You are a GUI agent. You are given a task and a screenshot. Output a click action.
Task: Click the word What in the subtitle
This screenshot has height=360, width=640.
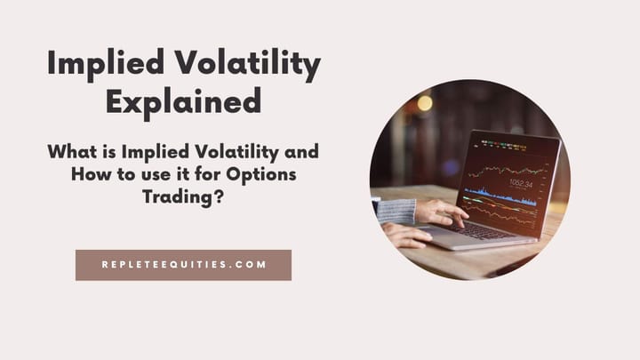coord(72,152)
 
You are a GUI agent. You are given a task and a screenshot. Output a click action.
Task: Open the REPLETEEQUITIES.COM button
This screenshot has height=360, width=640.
coord(183,265)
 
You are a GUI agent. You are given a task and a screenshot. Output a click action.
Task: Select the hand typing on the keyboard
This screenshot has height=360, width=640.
coord(439,212)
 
